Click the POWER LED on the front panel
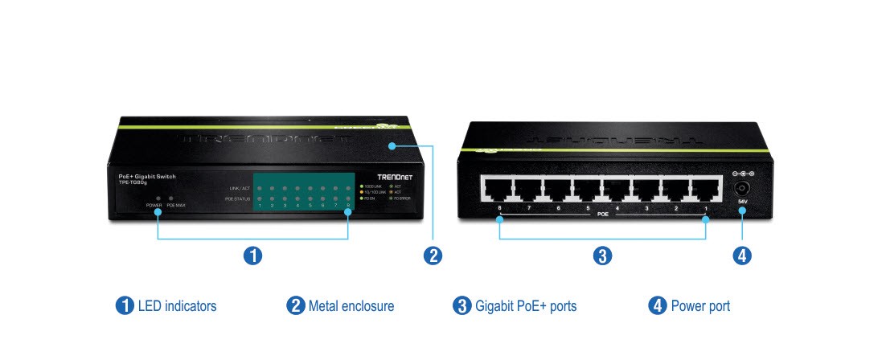[x=158, y=198]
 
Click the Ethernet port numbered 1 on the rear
[x=705, y=190]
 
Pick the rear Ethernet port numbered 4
[x=616, y=190]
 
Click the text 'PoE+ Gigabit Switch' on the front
[x=142, y=175]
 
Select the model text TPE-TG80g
[x=124, y=182]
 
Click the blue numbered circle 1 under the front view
[x=252, y=256]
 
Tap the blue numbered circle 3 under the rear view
[x=602, y=256]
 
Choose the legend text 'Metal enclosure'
[x=351, y=306]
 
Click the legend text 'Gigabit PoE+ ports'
[x=526, y=306]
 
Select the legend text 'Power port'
[x=700, y=306]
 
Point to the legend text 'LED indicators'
[x=177, y=306]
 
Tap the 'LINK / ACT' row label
[x=240, y=188]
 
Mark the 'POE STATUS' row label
[x=239, y=198]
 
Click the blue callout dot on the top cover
[x=392, y=145]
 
